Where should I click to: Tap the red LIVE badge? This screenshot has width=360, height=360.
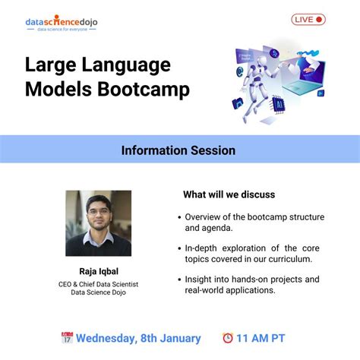click(x=308, y=20)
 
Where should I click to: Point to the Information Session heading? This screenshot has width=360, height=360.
click(x=178, y=150)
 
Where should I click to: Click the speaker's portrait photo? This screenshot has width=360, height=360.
click(x=98, y=223)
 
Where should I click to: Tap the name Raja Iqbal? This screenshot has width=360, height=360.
click(x=98, y=271)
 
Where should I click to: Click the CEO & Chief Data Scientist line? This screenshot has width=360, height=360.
click(x=98, y=284)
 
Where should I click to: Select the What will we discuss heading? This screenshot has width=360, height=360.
click(x=229, y=194)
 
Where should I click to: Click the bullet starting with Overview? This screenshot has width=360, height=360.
click(x=254, y=222)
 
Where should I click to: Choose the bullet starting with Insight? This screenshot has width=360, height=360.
click(x=251, y=285)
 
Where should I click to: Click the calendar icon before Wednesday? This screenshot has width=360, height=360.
click(x=67, y=338)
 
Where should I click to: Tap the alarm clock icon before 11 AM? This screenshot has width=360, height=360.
click(x=227, y=338)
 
